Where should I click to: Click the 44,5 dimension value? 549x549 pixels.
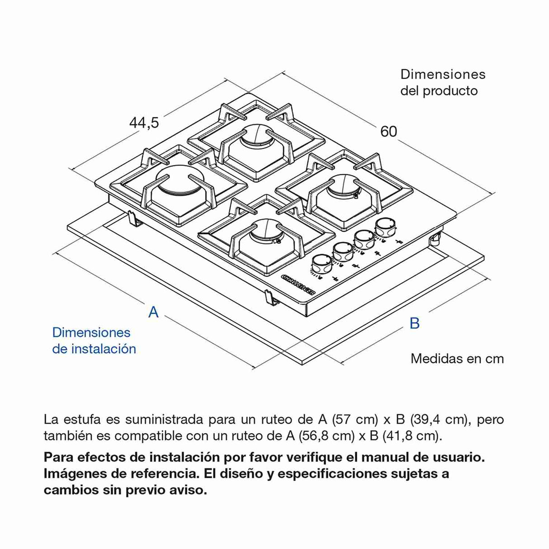point(144,123)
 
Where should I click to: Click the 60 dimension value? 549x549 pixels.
point(388,132)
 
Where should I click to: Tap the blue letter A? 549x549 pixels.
point(154,312)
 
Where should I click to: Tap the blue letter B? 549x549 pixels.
point(414,323)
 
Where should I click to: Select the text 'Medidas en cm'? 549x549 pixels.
point(457,359)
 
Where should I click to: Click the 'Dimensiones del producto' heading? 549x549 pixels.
point(442,82)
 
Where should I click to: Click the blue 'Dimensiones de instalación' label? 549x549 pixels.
point(94,341)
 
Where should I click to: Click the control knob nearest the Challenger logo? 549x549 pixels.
point(321,262)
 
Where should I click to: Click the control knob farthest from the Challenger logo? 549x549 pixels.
point(385,226)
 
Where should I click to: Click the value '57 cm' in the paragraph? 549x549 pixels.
point(355,419)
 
